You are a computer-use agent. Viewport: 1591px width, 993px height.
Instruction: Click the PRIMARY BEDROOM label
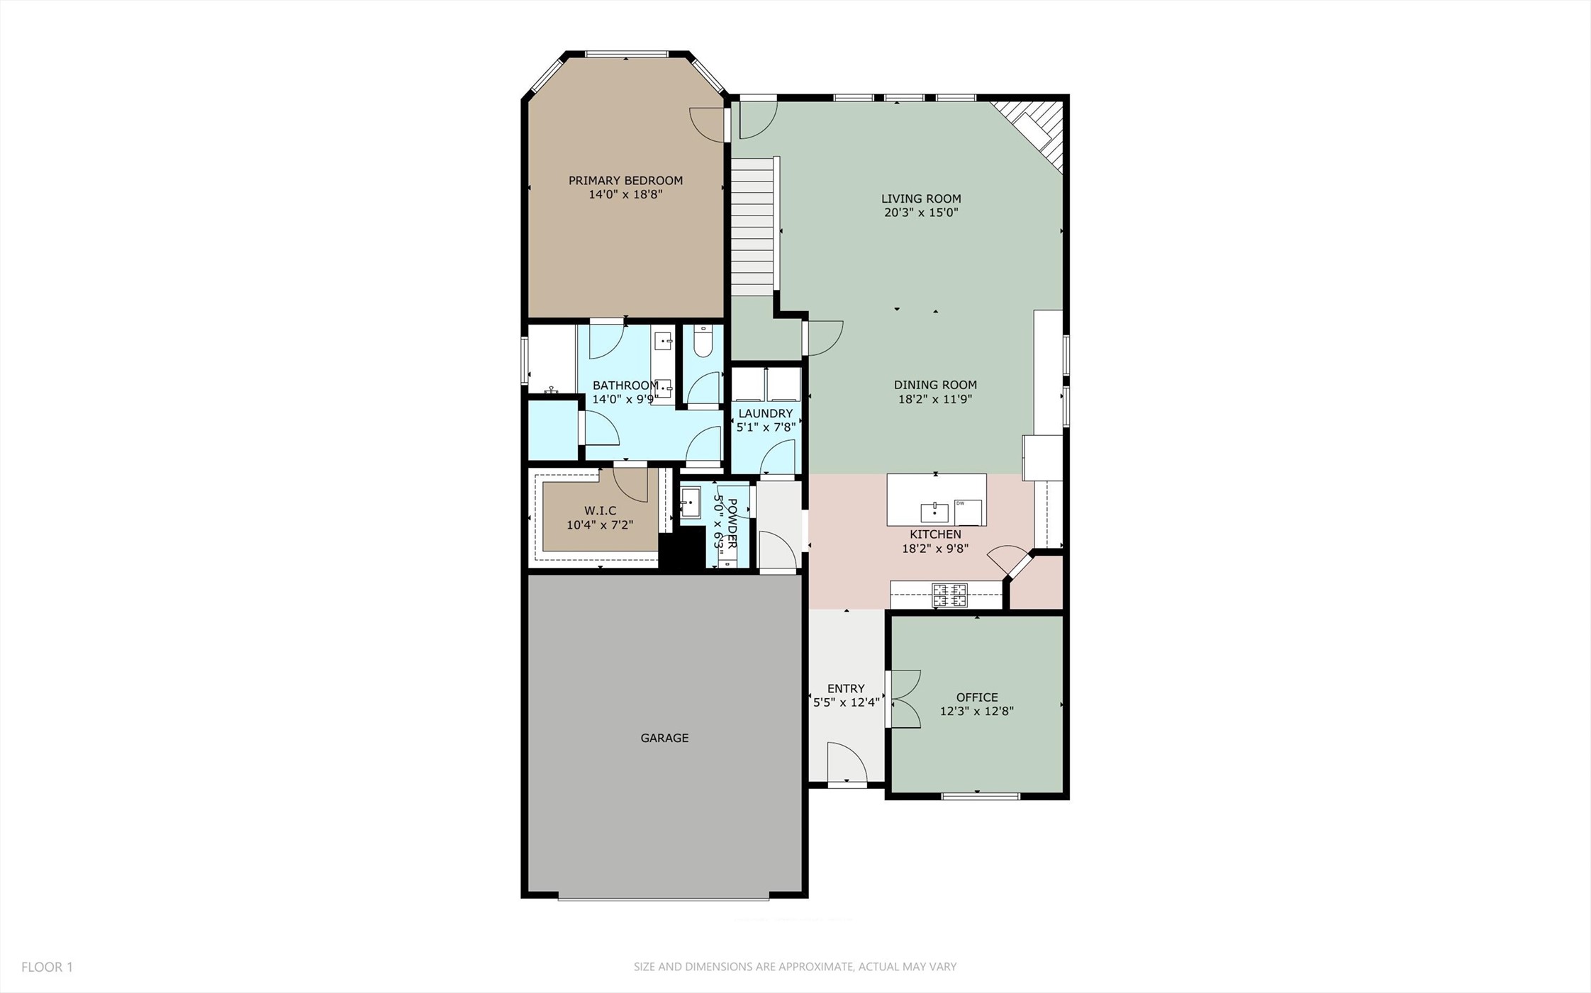(625, 181)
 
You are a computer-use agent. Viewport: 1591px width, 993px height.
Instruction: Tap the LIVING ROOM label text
(921, 199)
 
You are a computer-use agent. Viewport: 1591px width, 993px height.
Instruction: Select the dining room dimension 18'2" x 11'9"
(934, 399)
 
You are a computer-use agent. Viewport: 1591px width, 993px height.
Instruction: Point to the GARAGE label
(664, 738)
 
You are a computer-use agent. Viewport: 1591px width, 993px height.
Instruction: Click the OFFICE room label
(976, 697)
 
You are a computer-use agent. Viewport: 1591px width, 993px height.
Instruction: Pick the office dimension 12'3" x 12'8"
(976, 711)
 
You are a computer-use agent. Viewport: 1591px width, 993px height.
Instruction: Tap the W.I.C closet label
(600, 510)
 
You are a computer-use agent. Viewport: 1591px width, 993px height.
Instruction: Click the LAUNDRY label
(765, 413)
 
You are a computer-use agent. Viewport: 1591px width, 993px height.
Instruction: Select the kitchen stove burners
(949, 595)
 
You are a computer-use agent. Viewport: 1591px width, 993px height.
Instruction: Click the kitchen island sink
(934, 512)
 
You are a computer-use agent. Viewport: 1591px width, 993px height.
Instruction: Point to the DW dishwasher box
(968, 511)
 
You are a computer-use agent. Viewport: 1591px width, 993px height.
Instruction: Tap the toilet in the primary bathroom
(703, 342)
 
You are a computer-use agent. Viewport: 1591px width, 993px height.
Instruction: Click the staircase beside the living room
(752, 227)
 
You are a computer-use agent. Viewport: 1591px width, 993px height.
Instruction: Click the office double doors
(905, 699)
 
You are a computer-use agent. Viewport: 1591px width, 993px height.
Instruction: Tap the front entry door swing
(847, 764)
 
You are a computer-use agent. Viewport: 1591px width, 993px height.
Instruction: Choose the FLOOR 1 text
(47, 967)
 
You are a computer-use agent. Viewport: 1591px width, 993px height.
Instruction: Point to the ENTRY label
(846, 688)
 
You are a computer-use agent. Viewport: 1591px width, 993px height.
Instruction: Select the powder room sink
(690, 503)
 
